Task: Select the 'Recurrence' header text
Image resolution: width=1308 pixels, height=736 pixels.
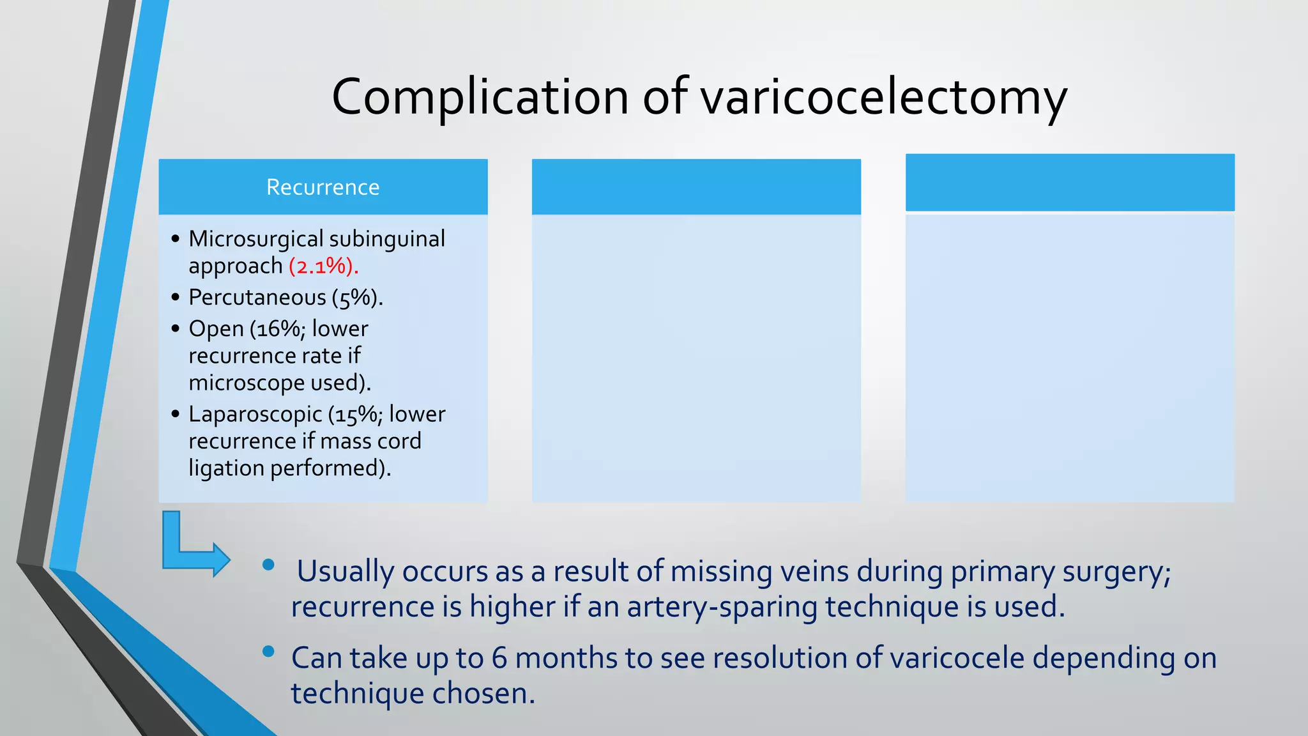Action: (x=323, y=187)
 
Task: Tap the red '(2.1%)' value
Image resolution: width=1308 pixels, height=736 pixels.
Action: (x=323, y=266)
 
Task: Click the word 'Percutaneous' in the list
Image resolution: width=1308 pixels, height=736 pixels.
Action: (x=257, y=298)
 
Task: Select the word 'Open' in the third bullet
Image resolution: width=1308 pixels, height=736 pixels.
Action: (x=216, y=329)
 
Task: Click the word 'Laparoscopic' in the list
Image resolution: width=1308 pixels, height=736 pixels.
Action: (x=255, y=415)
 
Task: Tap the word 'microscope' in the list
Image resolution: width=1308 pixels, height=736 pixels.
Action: (x=246, y=383)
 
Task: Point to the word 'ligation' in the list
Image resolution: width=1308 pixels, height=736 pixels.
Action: (x=226, y=468)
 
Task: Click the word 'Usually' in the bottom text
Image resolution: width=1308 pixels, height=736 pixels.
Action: (x=346, y=571)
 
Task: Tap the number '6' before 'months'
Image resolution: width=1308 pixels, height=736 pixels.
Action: (x=499, y=658)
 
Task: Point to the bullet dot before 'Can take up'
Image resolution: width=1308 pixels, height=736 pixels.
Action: (x=268, y=652)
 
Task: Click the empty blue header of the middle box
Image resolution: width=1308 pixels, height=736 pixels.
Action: (x=696, y=187)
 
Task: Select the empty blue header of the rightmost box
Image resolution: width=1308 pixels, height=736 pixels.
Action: (x=1070, y=183)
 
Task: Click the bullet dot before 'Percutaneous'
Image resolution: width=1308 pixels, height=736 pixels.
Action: (x=176, y=297)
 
